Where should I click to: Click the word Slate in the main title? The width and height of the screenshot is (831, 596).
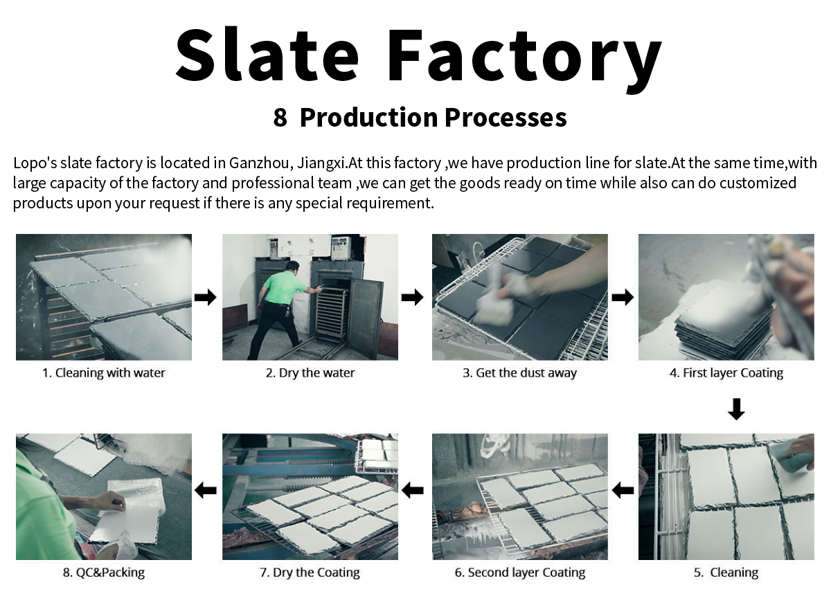tap(267, 55)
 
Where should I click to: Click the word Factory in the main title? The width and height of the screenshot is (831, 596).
tap(524, 55)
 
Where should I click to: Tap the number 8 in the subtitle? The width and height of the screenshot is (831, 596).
tap(280, 118)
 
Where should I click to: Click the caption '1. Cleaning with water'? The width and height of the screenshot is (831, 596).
tap(104, 373)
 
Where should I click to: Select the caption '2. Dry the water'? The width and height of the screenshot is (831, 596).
tap(310, 373)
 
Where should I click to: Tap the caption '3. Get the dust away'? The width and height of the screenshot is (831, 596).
tap(519, 373)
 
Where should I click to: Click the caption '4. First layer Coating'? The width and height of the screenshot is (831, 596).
tap(726, 373)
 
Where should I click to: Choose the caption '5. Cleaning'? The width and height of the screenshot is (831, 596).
tap(726, 572)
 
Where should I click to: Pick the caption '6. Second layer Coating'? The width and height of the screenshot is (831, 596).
tap(519, 572)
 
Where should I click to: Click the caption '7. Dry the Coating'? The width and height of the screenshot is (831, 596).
tap(310, 572)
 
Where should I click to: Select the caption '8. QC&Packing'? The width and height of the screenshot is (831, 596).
tap(104, 572)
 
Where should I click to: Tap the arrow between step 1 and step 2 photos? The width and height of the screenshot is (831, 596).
tap(206, 298)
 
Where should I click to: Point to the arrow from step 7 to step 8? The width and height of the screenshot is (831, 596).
tap(206, 491)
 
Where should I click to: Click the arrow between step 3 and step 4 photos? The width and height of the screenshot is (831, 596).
tap(623, 298)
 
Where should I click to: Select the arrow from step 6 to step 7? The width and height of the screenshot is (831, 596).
tap(413, 491)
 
